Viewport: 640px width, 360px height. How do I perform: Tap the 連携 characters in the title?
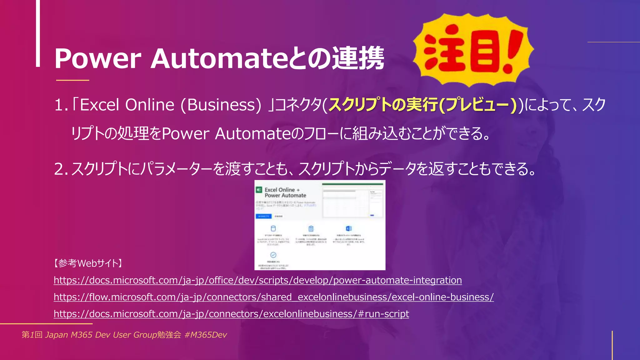tap(358, 58)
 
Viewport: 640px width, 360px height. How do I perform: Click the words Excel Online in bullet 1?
tap(127, 105)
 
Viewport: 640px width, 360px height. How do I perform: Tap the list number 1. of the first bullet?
tap(61, 105)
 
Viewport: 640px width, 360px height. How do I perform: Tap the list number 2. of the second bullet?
tap(61, 169)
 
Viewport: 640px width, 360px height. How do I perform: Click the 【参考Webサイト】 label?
tap(88, 263)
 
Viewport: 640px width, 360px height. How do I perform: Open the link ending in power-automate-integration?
tap(257, 280)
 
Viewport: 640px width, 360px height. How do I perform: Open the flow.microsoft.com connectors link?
tap(273, 297)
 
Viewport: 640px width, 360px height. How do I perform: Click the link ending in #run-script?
tap(231, 314)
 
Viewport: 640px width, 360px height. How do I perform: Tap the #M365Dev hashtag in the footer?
tap(206, 335)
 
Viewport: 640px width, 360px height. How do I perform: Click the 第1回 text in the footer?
tap(32, 335)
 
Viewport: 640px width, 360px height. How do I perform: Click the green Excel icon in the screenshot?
tap(259, 190)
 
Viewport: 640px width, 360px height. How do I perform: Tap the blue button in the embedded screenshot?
tap(263, 216)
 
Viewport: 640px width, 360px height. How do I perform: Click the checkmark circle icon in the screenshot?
tap(273, 255)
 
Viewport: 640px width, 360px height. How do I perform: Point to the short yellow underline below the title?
tap(72, 80)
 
